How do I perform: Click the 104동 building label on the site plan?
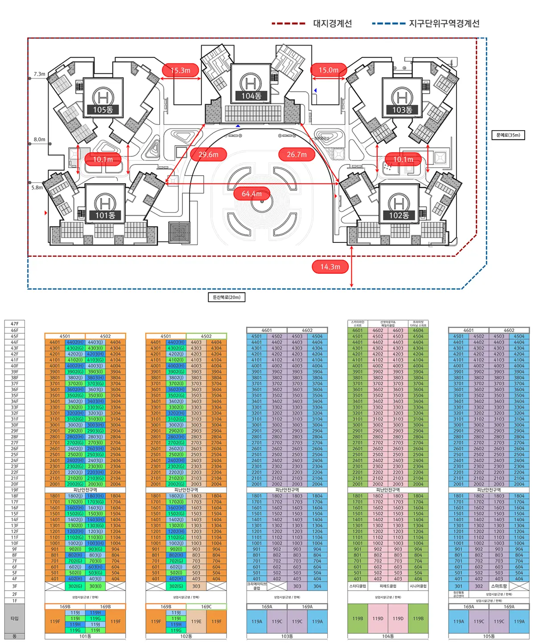(251, 96)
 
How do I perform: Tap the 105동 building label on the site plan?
(103, 110)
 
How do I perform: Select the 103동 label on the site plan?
(402, 110)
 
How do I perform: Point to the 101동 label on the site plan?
(105, 215)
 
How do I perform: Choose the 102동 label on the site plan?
(399, 215)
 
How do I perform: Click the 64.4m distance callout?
(251, 194)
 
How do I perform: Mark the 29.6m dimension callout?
(209, 155)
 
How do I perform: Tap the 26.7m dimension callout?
(296, 155)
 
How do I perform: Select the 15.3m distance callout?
(180, 70)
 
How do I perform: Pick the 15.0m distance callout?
(328, 70)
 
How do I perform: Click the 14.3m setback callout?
(330, 267)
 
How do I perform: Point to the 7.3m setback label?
(39, 74)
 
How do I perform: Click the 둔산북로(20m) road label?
(226, 297)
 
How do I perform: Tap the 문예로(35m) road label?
(508, 135)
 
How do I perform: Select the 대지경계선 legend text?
(333, 23)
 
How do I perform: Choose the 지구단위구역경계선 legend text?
(444, 23)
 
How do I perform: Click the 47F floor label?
(15, 324)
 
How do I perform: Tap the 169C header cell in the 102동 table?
(206, 607)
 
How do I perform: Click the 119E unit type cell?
(196, 621)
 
